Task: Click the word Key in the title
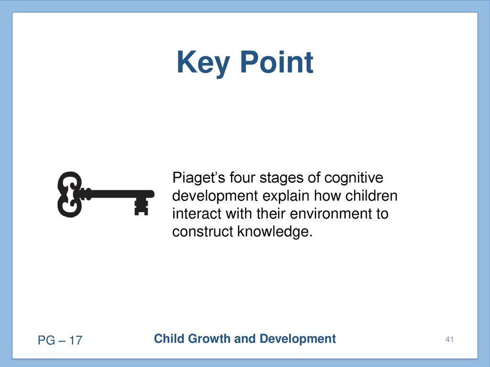click(203, 63)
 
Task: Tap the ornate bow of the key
click(70, 194)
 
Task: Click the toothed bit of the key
click(141, 206)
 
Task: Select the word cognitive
click(354, 178)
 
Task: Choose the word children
click(371, 196)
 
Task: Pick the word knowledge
click(275, 232)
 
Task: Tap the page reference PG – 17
click(60, 340)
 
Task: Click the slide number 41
click(449, 339)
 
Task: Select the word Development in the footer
click(298, 339)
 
